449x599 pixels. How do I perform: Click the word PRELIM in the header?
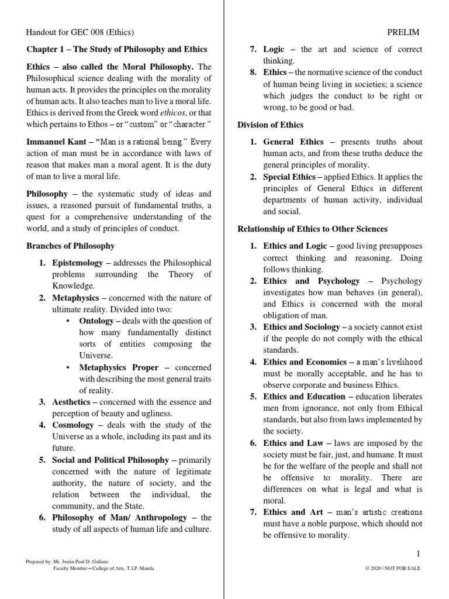click(403, 32)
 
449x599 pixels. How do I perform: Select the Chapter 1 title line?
click(117, 49)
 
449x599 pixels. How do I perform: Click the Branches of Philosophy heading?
click(71, 246)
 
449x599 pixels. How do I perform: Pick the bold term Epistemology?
click(77, 263)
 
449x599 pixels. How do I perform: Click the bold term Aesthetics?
click(71, 402)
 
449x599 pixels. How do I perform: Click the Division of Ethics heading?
click(270, 125)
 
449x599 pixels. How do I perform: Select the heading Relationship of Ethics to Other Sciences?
click(312, 229)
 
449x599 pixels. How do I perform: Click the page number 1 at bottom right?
click(418, 553)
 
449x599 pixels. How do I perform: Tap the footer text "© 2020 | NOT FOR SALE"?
click(391, 568)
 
